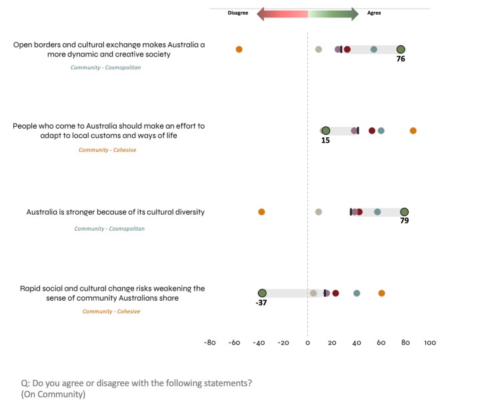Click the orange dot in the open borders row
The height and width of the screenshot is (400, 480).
point(239,49)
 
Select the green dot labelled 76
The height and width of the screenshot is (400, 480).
point(401,49)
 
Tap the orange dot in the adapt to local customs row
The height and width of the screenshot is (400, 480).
point(413,131)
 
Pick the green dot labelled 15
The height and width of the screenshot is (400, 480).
point(326,131)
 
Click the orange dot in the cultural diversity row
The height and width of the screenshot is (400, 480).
point(261,212)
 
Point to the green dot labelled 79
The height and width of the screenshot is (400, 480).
point(404,212)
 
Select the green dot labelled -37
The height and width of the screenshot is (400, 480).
point(262,293)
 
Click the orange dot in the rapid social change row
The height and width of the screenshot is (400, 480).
point(381,293)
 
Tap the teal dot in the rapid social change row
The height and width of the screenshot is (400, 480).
point(357,293)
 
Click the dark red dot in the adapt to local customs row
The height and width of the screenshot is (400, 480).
point(372,131)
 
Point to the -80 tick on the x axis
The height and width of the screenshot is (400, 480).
point(209,343)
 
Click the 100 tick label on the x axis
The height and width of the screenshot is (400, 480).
point(430,343)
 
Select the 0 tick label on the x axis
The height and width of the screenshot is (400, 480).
point(307,343)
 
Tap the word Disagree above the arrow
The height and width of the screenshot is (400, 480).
point(238,13)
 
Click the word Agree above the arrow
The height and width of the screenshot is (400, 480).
point(375,13)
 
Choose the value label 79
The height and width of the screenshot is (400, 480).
point(404,221)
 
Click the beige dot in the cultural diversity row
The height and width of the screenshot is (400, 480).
point(319,212)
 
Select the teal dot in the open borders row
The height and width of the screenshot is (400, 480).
point(374,49)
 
